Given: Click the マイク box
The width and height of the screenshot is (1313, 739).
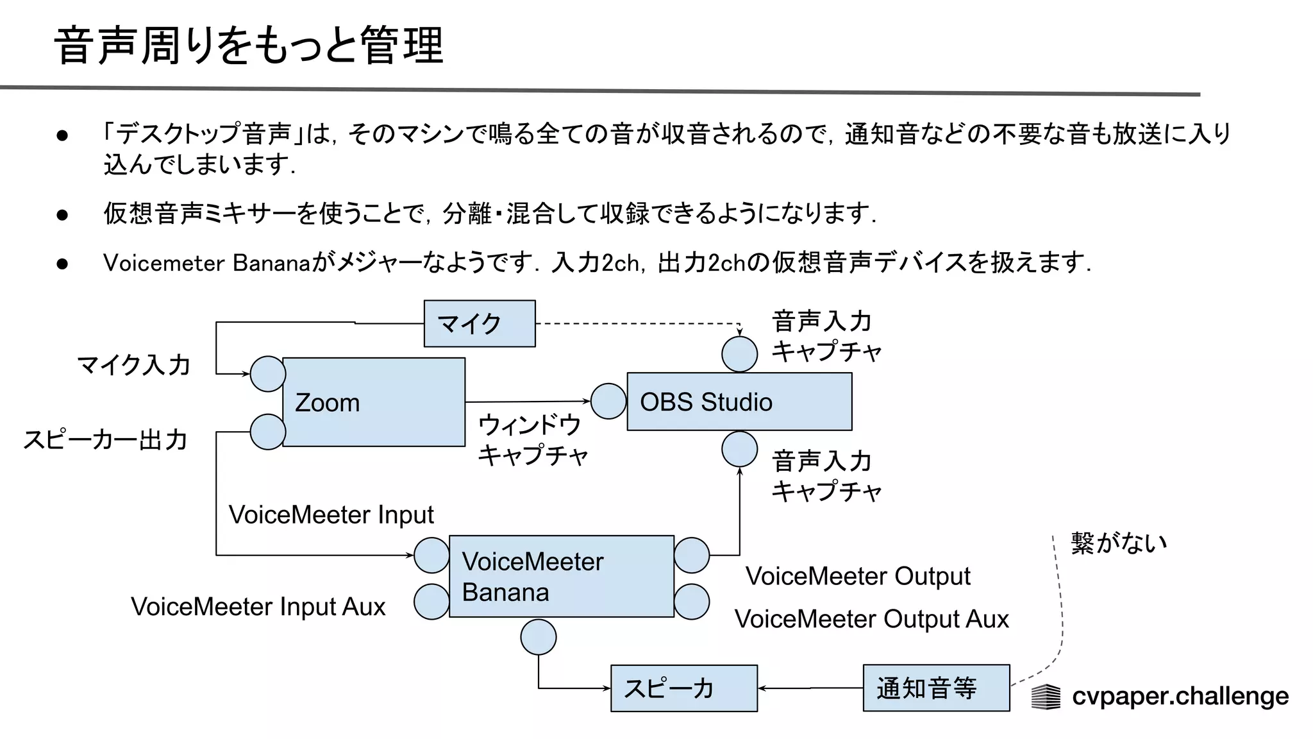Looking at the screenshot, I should tap(479, 324).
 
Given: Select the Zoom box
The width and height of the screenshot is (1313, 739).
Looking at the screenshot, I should tap(373, 402).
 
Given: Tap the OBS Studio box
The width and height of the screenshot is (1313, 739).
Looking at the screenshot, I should tap(739, 402).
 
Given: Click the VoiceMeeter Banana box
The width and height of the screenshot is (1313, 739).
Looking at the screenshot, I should tap(561, 577).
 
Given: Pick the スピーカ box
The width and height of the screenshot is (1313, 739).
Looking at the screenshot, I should tap(683, 688).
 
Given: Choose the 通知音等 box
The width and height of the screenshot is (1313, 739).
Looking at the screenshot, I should tap(935, 688).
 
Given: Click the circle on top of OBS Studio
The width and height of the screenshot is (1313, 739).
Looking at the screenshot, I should tap(739, 353).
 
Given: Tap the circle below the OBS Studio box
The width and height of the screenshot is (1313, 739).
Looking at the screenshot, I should tap(739, 449).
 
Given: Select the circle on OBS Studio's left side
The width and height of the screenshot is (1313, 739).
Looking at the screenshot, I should tap(608, 402).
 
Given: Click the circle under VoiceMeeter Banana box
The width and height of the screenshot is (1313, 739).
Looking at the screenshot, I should tap(538, 637).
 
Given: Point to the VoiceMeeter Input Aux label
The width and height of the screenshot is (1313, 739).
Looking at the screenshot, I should tap(258, 607).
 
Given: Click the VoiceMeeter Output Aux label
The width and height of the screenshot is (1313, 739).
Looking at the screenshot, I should tap(871, 619).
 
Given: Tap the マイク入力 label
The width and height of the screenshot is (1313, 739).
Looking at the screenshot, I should tap(133, 365).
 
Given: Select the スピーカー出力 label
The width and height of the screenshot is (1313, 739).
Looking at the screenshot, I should tap(105, 440).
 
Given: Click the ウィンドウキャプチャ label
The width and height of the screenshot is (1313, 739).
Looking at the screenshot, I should tap(531, 440).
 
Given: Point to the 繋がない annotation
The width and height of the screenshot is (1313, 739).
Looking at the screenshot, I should tap(1118, 543).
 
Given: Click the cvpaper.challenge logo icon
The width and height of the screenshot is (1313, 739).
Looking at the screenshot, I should tap(1046, 697).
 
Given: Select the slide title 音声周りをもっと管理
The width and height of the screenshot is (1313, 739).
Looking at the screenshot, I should tap(249, 46).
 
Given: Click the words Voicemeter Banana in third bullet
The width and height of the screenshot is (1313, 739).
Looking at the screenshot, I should tap(206, 263).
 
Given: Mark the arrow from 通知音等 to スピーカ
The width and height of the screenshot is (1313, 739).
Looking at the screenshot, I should tap(810, 688).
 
